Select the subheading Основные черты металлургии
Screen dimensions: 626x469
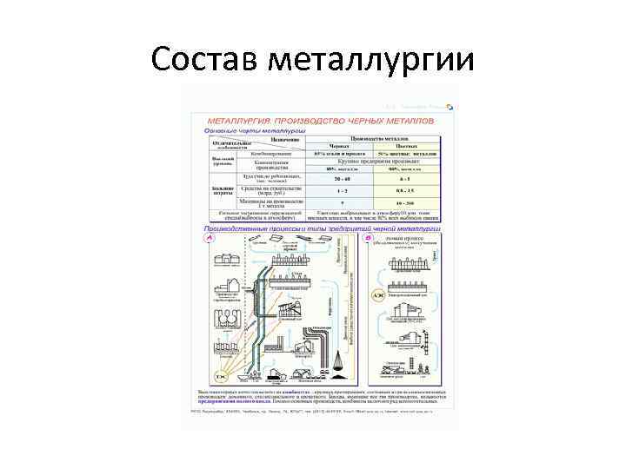pyautogui.click(x=248, y=129)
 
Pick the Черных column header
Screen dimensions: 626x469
pyautogui.click(x=339, y=146)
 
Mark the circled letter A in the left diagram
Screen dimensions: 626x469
pyautogui.click(x=209, y=237)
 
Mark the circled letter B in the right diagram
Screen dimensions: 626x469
pyautogui.click(x=369, y=237)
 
